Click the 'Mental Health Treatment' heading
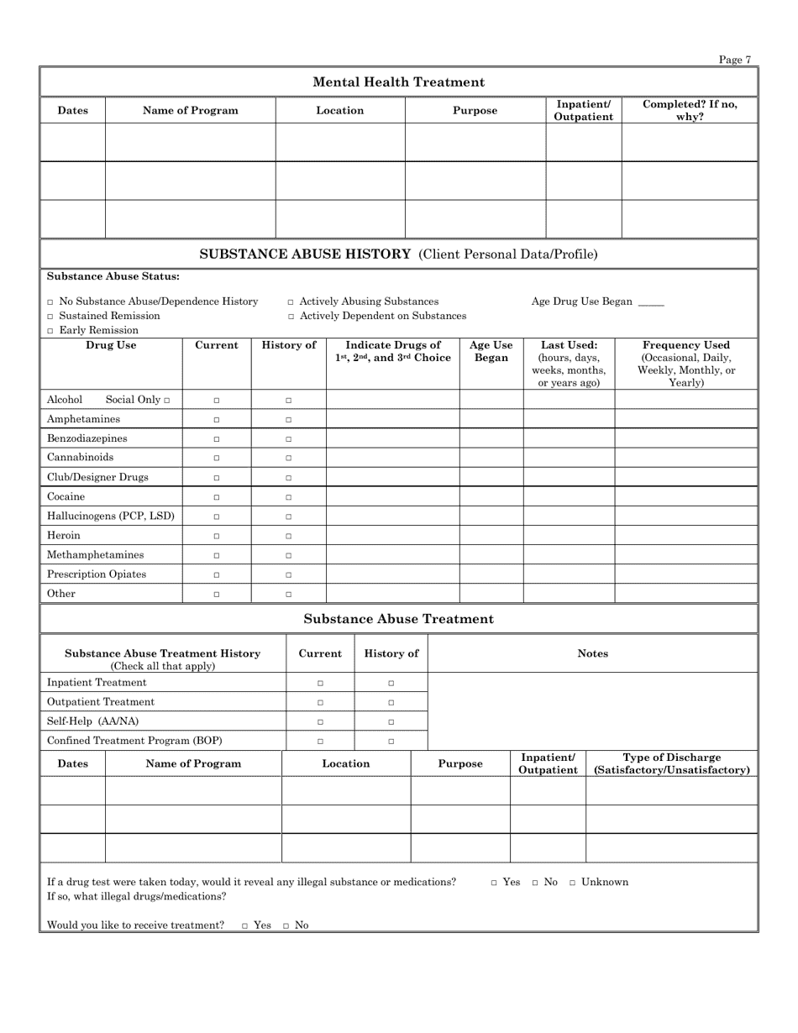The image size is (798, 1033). point(398,82)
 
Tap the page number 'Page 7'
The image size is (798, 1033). point(735,60)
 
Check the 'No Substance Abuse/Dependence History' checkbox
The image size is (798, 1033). point(50,302)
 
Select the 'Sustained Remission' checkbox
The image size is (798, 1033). point(50,317)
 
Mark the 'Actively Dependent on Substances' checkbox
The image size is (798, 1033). point(291,317)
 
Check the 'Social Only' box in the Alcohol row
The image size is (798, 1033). point(166,401)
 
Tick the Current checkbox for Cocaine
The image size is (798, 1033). point(216,497)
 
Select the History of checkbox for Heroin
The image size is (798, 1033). point(288,536)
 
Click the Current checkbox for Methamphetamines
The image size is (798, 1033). point(216,555)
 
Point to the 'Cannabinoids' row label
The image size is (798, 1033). point(80,458)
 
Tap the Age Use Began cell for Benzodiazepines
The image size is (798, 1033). point(491,438)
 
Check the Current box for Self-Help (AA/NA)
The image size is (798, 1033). point(319,721)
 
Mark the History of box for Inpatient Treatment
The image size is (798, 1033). point(391,683)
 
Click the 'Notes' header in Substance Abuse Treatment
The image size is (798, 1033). point(592,653)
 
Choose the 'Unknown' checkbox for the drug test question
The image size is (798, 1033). point(573,883)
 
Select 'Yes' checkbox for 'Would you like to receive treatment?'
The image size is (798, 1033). point(245,926)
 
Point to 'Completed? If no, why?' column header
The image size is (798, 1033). point(690,110)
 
